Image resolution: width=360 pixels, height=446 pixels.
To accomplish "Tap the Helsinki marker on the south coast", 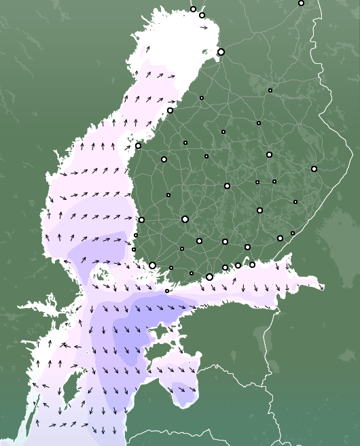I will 209,277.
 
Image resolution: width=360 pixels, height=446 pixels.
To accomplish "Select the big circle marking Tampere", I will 185,219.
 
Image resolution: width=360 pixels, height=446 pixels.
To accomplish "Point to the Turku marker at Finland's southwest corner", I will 153,265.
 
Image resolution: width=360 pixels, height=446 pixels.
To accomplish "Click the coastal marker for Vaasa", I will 138,145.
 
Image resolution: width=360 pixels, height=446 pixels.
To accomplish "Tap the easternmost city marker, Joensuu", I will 314,169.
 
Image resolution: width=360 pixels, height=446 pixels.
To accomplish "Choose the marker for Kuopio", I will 269,154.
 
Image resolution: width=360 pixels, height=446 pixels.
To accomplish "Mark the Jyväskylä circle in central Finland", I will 227,186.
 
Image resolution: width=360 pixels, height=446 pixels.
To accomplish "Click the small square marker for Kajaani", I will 270,90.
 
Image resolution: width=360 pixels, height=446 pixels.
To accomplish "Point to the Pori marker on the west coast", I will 141,220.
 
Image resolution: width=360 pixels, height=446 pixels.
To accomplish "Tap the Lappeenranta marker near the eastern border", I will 280,238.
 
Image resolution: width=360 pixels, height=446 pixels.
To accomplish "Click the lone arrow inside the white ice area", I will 204,28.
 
